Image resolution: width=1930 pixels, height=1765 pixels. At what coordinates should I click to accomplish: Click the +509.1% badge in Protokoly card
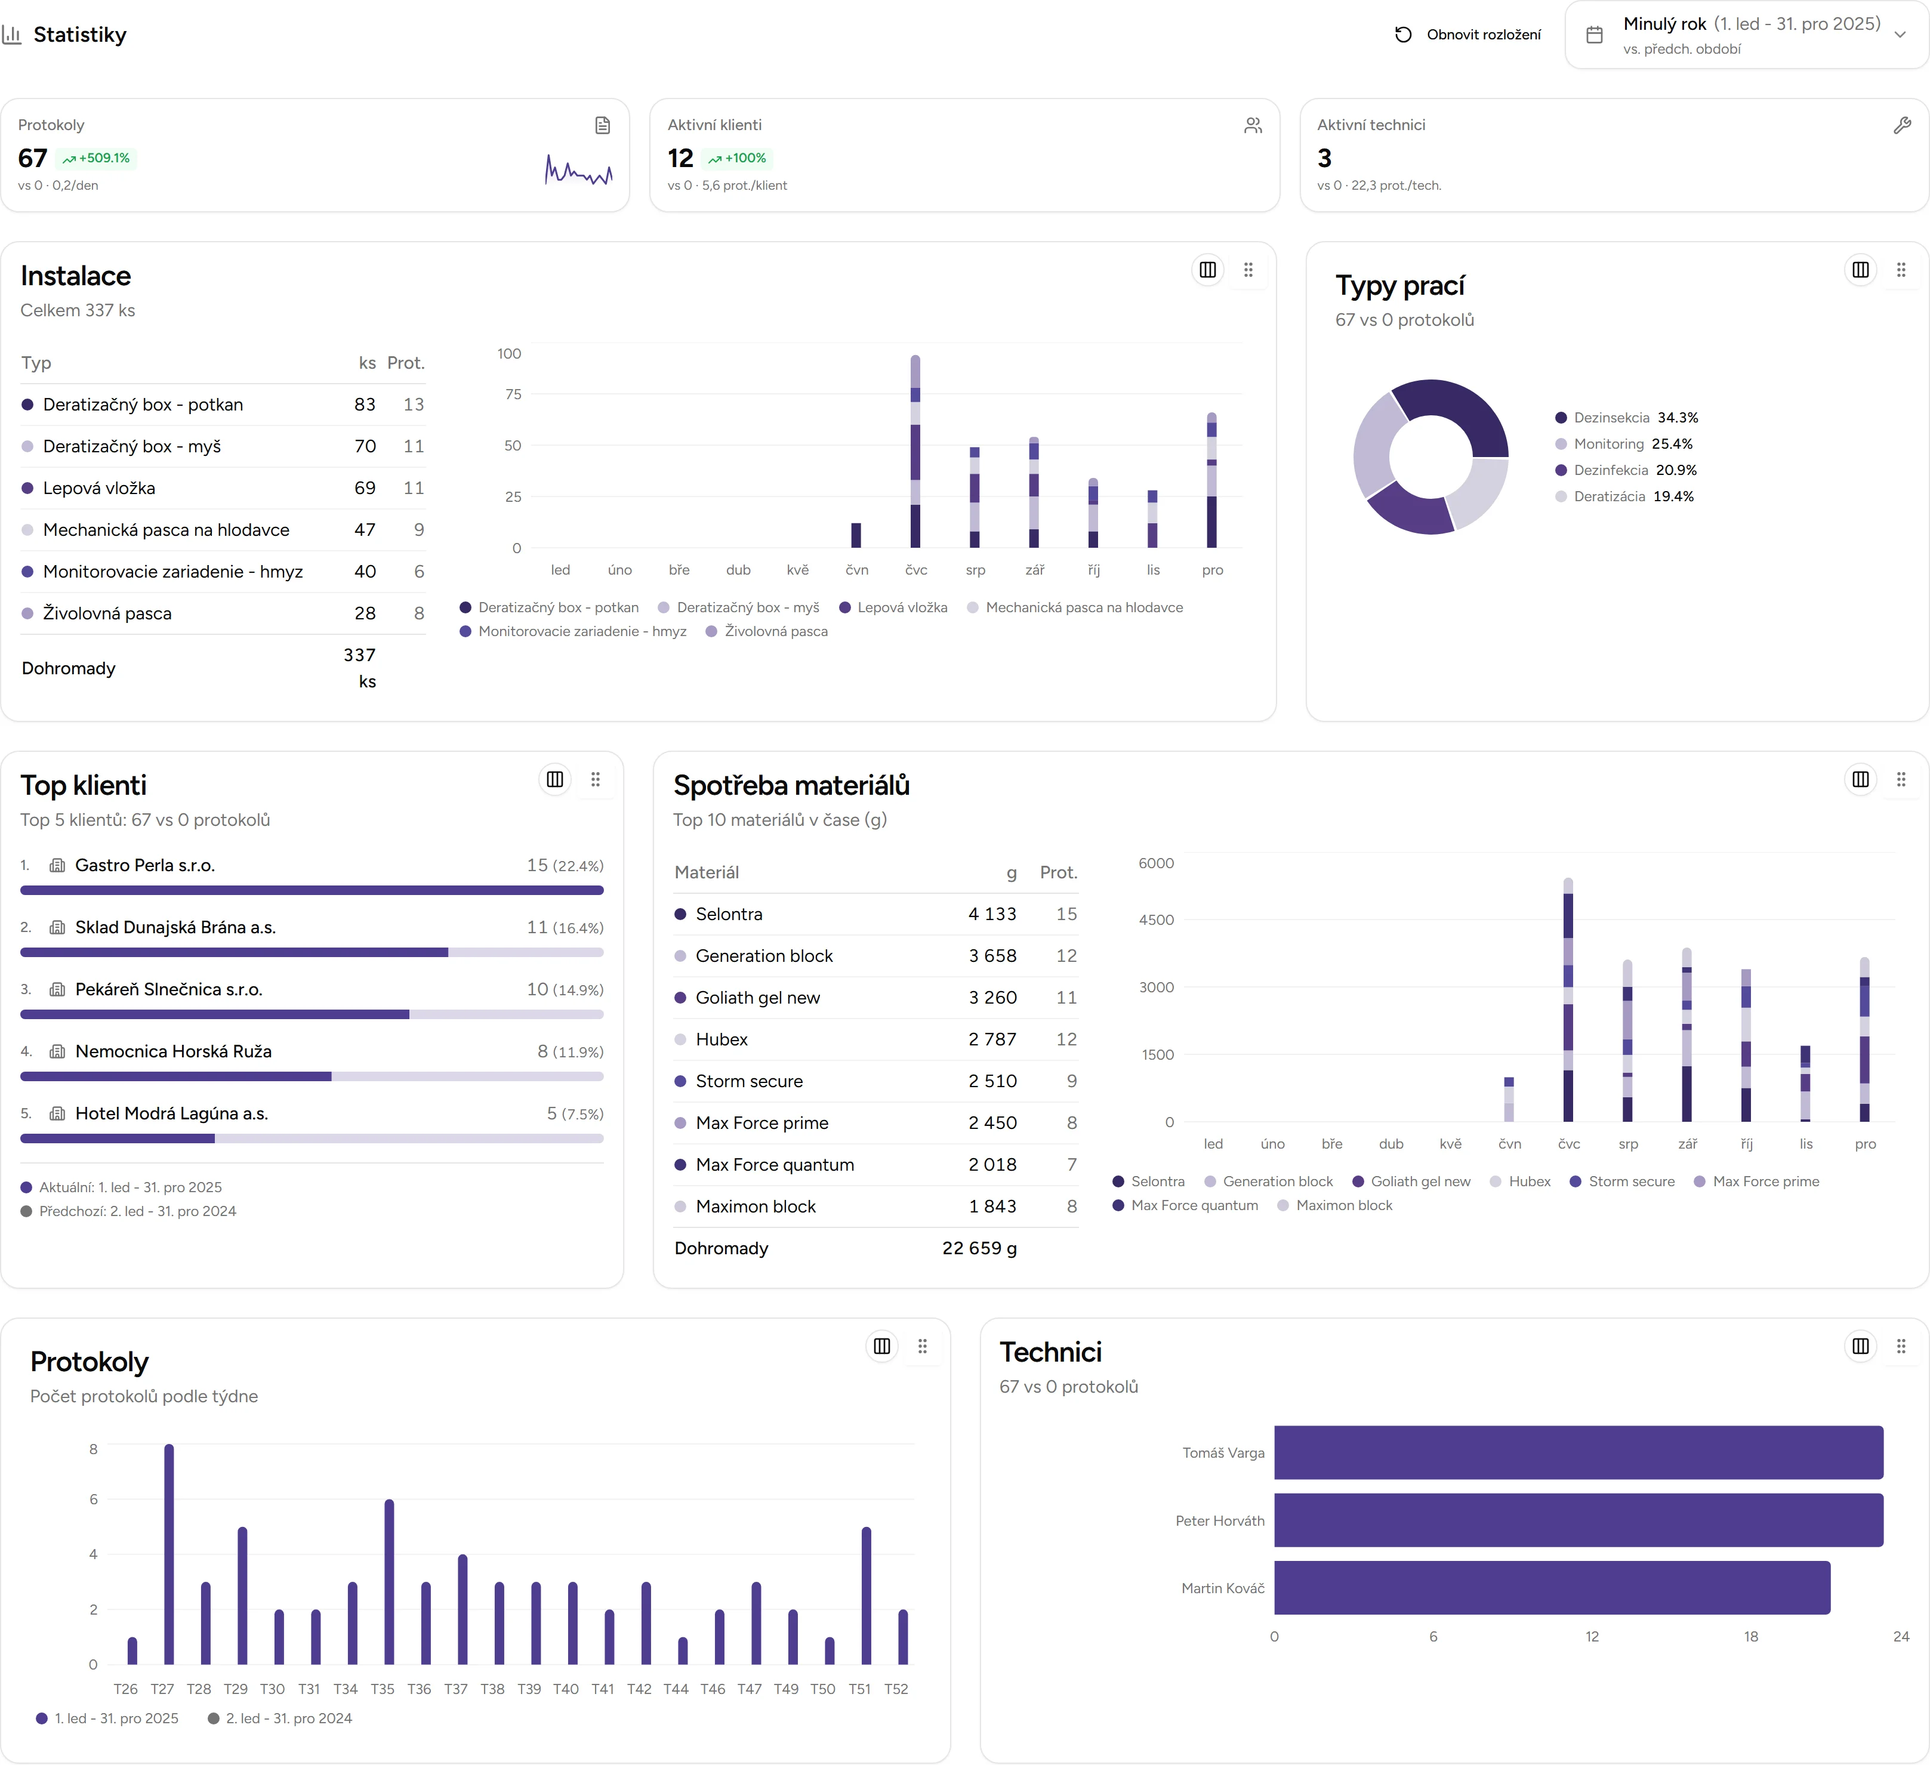(x=97, y=158)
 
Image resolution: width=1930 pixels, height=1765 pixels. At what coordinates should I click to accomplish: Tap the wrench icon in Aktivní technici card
(x=1901, y=125)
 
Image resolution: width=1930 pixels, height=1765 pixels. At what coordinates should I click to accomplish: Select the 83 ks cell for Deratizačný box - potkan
(x=364, y=405)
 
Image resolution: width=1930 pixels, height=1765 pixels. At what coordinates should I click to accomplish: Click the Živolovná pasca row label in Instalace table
(x=107, y=613)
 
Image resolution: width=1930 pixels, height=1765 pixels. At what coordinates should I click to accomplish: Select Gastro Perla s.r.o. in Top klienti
(x=144, y=865)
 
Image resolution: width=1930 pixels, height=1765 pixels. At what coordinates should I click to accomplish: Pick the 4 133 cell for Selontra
(x=992, y=914)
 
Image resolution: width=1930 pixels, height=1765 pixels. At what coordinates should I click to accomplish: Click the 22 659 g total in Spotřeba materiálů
(x=978, y=1248)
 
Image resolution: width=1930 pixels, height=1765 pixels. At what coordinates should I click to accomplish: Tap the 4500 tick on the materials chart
(x=1155, y=920)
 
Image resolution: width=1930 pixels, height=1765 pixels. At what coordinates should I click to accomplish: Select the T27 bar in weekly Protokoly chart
(x=169, y=1556)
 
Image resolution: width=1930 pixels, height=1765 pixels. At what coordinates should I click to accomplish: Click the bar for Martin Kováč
(x=1551, y=1588)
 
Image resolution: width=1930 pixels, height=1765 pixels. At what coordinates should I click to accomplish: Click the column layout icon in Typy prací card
(x=1860, y=270)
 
